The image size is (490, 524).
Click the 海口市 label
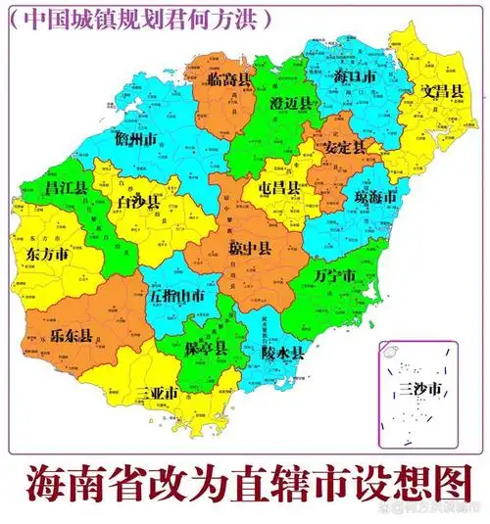point(354,75)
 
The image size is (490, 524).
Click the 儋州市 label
point(136,139)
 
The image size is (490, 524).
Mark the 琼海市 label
point(375,198)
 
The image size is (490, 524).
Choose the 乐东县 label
point(72,336)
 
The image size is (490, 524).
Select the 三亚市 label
point(157,394)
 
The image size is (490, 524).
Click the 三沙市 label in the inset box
point(422,392)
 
